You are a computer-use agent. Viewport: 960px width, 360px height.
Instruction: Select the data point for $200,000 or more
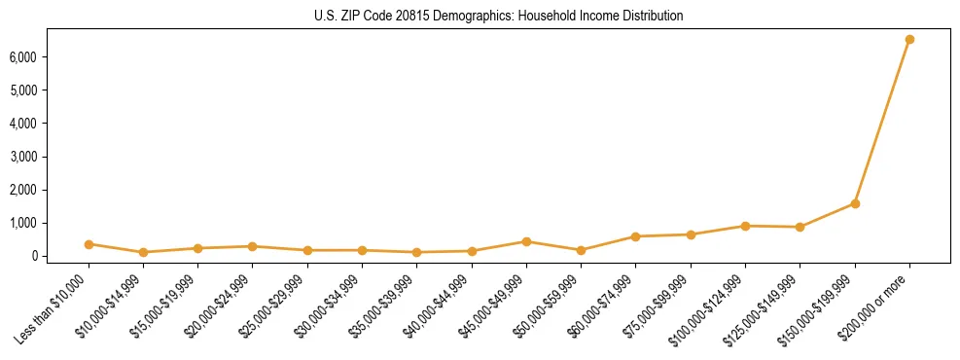click(909, 40)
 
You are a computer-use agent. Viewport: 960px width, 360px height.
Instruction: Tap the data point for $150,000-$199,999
click(855, 203)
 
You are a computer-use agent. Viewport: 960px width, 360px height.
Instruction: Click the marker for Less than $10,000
click(89, 244)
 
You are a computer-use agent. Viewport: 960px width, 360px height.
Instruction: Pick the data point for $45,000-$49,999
click(526, 241)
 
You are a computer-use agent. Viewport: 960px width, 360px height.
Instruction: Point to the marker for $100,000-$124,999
click(745, 226)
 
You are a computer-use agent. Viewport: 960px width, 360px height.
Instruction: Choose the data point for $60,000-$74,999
click(635, 236)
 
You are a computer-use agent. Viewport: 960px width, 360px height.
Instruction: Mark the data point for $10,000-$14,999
click(143, 252)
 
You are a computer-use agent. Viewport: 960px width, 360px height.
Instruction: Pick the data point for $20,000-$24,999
click(252, 246)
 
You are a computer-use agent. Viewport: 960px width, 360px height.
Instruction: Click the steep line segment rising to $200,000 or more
click(882, 122)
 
